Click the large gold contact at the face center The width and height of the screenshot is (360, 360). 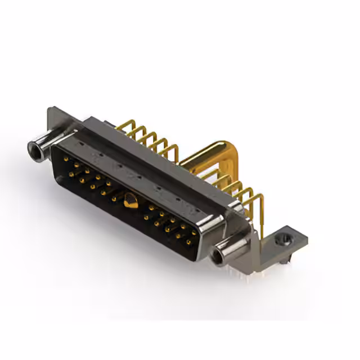point(129,200)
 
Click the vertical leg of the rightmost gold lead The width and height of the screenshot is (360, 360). point(262,214)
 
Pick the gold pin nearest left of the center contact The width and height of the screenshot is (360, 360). point(115,198)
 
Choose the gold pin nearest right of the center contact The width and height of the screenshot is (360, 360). point(146,215)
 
